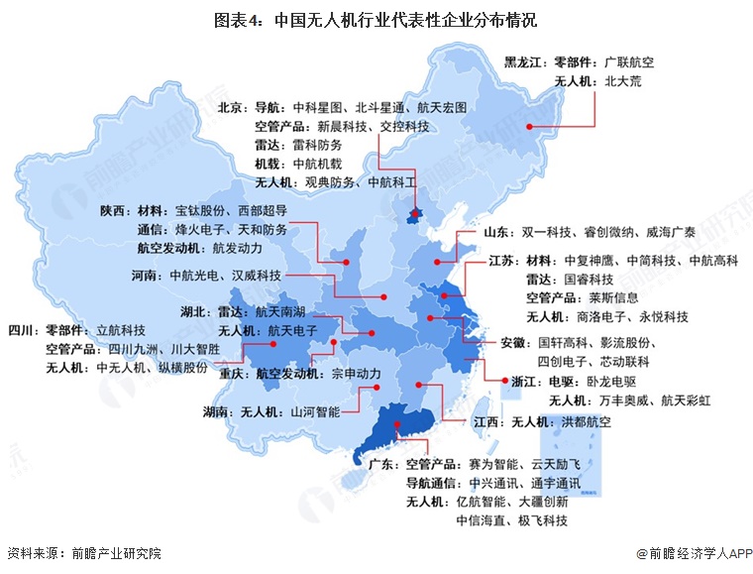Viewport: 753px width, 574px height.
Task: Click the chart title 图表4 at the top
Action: [376, 19]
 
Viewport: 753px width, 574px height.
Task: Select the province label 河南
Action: [147, 275]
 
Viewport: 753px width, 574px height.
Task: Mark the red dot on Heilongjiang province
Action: [529, 127]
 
